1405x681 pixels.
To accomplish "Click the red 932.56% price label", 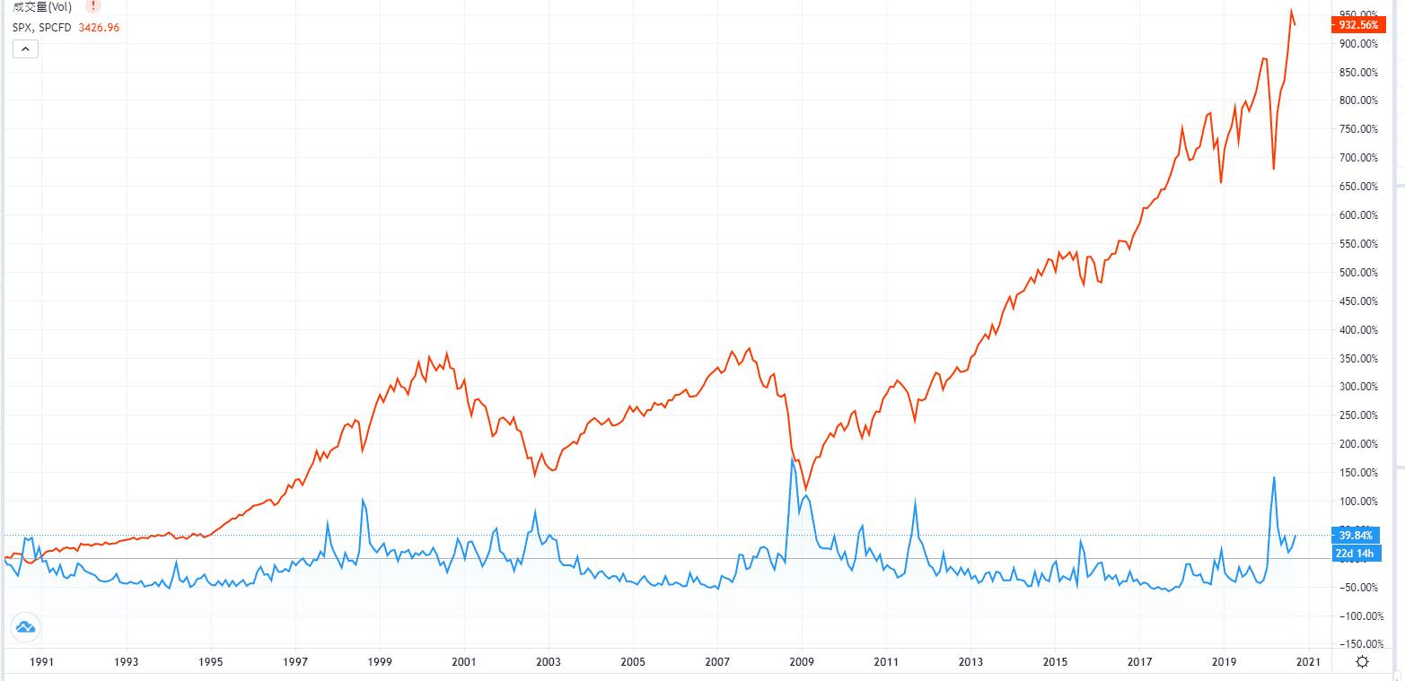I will click(x=1357, y=25).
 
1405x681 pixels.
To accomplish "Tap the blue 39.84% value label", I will click(x=1356, y=536).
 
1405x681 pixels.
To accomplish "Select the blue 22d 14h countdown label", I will click(x=1356, y=553).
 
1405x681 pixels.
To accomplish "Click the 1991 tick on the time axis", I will click(x=42, y=662).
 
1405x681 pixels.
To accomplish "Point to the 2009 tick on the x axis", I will click(x=802, y=662).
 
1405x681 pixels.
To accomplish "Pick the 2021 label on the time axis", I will click(x=1308, y=662).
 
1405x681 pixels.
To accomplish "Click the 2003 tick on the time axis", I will click(x=549, y=662).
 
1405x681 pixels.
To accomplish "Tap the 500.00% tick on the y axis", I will click(x=1357, y=272).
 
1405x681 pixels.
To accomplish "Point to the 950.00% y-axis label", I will click(x=1357, y=15).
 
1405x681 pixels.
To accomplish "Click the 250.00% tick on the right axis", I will click(x=1357, y=415).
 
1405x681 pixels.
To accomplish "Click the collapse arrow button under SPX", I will click(x=25, y=48).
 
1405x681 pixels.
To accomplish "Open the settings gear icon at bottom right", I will click(x=1362, y=662).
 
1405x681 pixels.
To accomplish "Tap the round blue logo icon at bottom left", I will click(x=24, y=628).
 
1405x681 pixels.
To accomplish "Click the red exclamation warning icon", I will click(x=94, y=6).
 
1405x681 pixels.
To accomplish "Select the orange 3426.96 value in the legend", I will click(x=100, y=27).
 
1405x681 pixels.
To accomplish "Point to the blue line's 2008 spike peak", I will click(x=793, y=458).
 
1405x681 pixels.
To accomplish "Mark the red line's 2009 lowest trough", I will click(x=805, y=488).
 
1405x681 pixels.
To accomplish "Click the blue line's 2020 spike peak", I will click(x=1274, y=476).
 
